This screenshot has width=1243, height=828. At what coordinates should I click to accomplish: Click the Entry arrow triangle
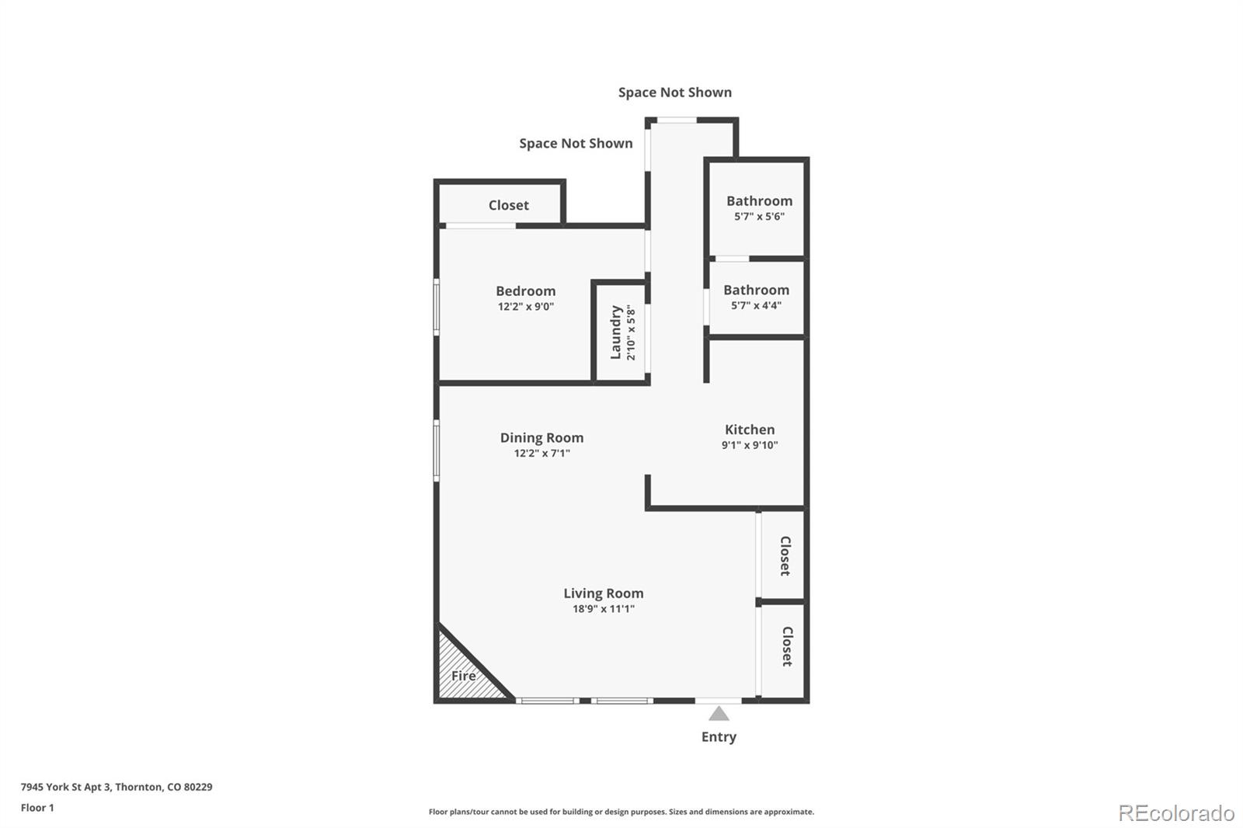pos(719,713)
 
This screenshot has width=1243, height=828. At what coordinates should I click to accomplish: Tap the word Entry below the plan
pos(719,736)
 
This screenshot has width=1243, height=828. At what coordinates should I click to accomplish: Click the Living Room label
pos(604,593)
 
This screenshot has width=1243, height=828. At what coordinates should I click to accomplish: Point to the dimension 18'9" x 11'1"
pos(604,609)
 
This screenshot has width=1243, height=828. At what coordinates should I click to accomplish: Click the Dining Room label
pos(541,438)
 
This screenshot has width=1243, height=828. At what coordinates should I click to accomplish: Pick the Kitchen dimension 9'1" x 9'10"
pos(750,445)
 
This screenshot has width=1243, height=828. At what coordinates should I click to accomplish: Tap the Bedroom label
pos(526,291)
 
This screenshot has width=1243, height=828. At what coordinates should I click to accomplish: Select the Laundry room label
pos(616,332)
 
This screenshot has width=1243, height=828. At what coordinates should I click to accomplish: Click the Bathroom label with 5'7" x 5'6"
pos(759,201)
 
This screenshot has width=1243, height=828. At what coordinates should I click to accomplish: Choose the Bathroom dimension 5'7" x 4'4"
pos(756,305)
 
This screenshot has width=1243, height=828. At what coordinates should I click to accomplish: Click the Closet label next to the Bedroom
pos(508,205)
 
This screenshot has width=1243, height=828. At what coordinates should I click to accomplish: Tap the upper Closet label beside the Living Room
pos(785,555)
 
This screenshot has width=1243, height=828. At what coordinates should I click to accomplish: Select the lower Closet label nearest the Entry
pos(786,646)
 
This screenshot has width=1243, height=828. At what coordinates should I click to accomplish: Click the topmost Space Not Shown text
pos(674,92)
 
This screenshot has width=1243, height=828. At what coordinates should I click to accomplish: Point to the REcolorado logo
pos(1176,813)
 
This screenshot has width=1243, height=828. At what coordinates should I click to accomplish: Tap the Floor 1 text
pos(37,808)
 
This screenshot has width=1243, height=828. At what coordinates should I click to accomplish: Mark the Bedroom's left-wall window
pos(437,308)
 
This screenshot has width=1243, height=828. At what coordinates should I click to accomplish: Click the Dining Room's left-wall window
pos(437,451)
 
